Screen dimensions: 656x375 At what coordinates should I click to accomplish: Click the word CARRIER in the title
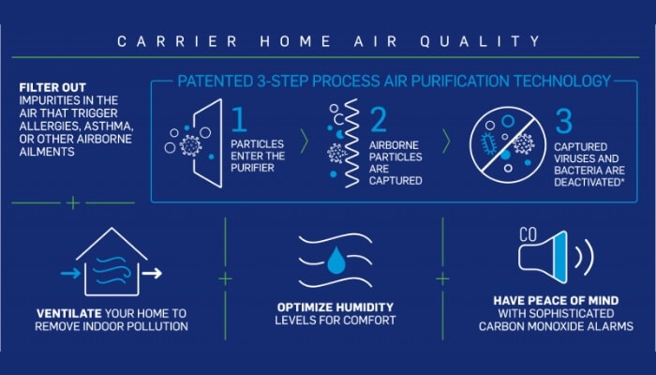[178, 41]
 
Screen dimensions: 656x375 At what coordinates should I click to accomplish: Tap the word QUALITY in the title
[480, 41]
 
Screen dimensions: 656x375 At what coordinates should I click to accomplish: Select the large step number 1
[239, 119]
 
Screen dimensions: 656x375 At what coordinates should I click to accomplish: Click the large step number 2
[379, 119]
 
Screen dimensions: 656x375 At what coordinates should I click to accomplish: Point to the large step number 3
[563, 121]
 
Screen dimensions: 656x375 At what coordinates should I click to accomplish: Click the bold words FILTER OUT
[52, 87]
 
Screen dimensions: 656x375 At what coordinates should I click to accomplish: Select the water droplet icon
[335, 261]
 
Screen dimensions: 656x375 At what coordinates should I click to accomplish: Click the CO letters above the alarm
[528, 235]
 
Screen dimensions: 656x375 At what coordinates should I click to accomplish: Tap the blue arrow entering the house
[70, 274]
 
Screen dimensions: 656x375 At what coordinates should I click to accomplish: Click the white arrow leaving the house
[152, 274]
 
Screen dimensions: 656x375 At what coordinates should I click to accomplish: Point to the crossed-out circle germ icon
[508, 144]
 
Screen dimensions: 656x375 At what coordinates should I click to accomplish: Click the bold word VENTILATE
[69, 313]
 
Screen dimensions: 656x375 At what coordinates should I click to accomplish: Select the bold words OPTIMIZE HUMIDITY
[335, 307]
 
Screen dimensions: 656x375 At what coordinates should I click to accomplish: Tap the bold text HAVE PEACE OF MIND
[556, 301]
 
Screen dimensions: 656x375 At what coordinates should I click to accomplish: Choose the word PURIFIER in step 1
[252, 168]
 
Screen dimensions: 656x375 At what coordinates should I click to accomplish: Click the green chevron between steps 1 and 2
[305, 142]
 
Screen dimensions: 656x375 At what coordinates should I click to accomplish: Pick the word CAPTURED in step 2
[395, 181]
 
